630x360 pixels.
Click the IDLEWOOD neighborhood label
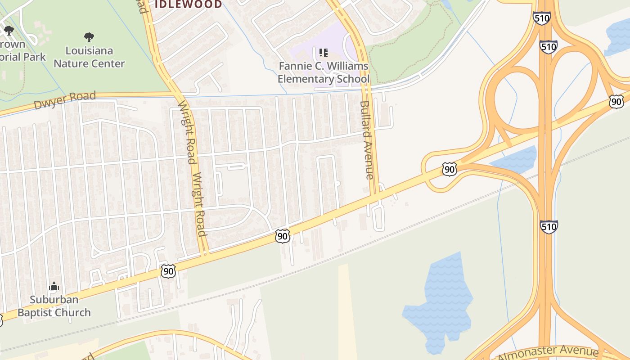tap(188, 4)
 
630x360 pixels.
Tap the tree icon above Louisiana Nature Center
tap(89, 37)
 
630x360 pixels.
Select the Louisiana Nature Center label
tap(89, 57)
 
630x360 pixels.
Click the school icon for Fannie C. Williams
tap(323, 53)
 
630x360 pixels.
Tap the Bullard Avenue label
tap(367, 139)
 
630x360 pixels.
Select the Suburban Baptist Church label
tap(54, 306)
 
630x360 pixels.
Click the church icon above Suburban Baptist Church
tap(54, 286)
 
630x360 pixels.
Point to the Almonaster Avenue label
tap(548, 352)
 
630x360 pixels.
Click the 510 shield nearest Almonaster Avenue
tap(549, 226)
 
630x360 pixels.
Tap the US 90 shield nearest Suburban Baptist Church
tap(168, 271)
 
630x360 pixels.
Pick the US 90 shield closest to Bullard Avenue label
tap(449, 169)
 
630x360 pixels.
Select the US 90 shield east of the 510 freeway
tap(616, 101)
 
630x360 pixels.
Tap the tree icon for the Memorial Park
tap(9, 31)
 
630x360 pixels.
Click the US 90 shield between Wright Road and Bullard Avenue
tap(283, 236)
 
